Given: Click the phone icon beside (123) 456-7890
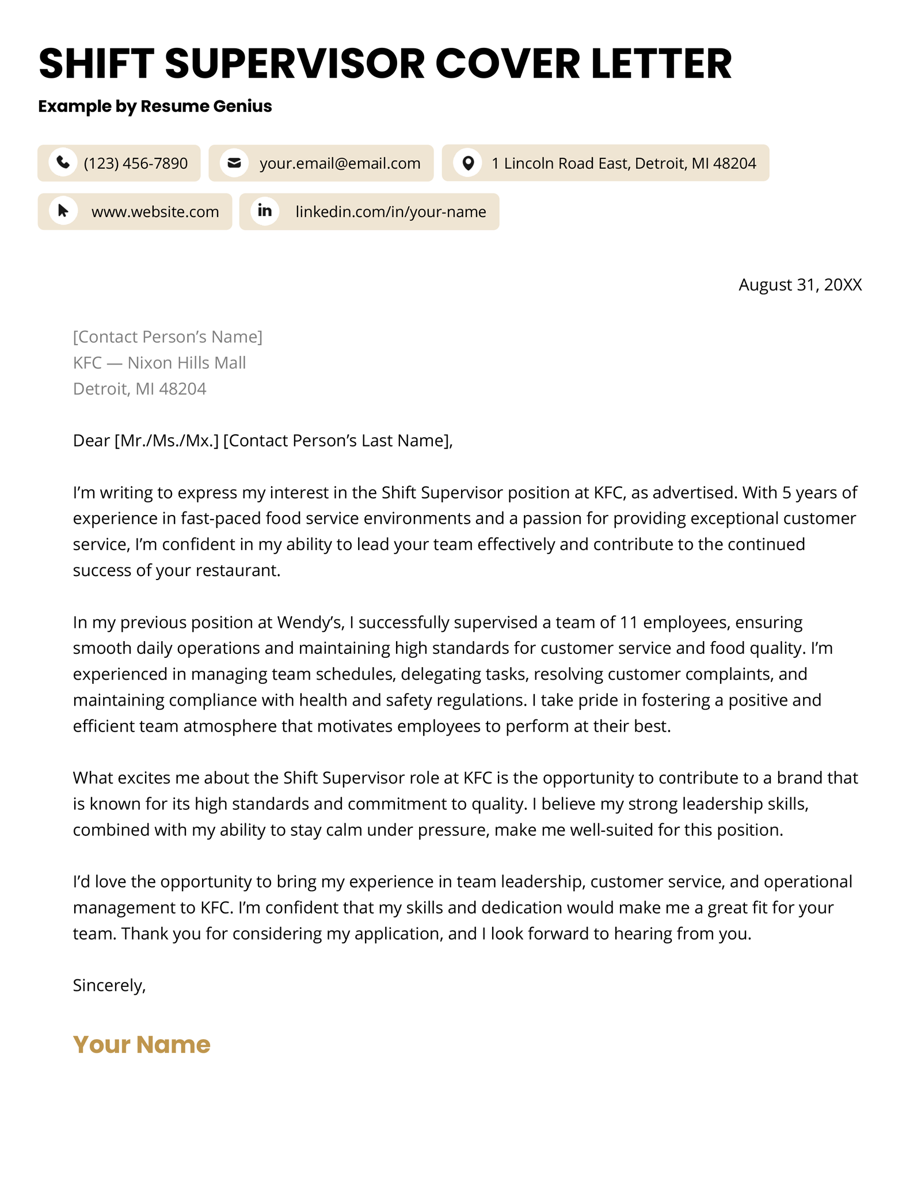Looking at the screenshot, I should [63, 162].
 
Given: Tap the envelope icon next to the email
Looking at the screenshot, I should [234, 162].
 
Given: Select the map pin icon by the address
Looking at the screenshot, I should [468, 163].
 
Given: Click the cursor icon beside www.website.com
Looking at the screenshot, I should [63, 211].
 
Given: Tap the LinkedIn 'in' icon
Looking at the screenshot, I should [265, 211].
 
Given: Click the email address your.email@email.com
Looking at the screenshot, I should [340, 164].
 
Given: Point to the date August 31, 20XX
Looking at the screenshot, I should [800, 285].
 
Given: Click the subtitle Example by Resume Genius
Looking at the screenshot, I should [155, 106].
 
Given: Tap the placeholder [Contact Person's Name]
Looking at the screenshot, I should [168, 336].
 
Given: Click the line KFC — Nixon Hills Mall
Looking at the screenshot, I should [159, 362].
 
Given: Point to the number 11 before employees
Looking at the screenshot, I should [629, 622].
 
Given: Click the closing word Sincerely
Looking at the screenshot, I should [109, 985].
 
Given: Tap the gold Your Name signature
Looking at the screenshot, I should [142, 1044].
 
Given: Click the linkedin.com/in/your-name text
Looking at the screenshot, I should [390, 212].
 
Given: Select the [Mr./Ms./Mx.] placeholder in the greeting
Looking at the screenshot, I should [167, 441].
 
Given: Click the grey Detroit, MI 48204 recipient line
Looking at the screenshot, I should [139, 389].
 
